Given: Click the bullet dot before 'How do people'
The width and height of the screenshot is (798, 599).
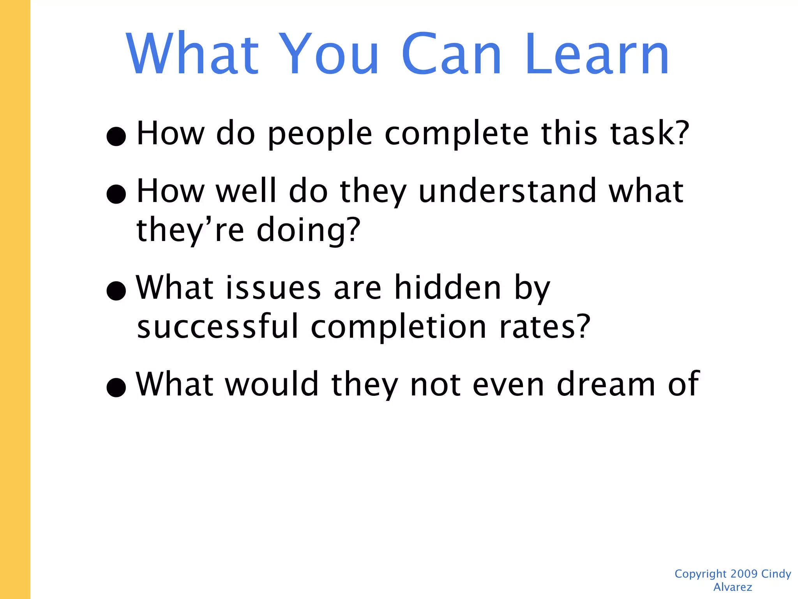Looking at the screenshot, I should pyautogui.click(x=116, y=136).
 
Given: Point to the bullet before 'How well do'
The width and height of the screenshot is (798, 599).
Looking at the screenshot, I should pyautogui.click(x=116, y=194).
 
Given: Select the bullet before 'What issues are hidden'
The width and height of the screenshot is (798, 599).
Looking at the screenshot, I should pyautogui.click(x=116, y=291).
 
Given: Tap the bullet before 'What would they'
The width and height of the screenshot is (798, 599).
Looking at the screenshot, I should pyautogui.click(x=116, y=387).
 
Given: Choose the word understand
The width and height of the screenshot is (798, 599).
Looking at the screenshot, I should pyautogui.click(x=507, y=191).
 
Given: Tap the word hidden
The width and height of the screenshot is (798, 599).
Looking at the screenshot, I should pyautogui.click(x=447, y=287).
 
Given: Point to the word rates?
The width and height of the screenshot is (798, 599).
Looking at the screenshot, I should pyautogui.click(x=545, y=327).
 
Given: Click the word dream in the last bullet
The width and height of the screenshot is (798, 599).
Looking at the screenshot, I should pyautogui.click(x=606, y=384).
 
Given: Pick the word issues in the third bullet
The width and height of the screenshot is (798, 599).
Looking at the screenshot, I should pyautogui.click(x=273, y=288).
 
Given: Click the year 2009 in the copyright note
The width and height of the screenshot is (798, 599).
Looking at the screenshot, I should pyautogui.click(x=744, y=574).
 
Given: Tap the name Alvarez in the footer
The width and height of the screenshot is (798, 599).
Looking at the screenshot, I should pyautogui.click(x=733, y=587).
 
